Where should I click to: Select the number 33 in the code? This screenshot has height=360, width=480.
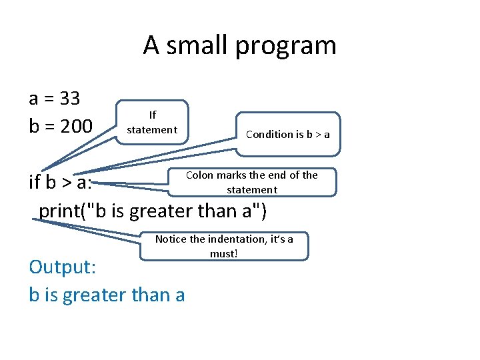tap(69, 99)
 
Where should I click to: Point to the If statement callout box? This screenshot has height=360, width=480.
tap(152, 123)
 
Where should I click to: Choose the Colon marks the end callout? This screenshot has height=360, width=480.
tap(251, 182)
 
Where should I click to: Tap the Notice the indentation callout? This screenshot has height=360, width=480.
tap(224, 246)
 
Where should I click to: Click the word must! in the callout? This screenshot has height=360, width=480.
tap(224, 254)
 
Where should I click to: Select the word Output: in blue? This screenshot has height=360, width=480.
tap(63, 267)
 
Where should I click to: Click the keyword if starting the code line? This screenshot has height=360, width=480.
tap(35, 182)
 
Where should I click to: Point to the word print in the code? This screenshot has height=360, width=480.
tap(63, 211)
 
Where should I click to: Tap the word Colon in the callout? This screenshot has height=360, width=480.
tap(199, 175)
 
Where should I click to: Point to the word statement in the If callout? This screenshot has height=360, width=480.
tap(152, 129)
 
